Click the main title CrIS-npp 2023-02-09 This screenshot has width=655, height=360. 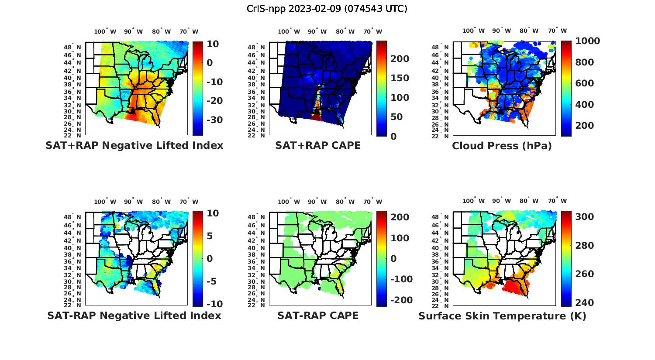(327, 9)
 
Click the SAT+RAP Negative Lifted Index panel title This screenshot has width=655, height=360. (134, 145)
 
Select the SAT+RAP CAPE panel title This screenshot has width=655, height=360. (318, 145)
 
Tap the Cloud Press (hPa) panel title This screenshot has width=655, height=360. (502, 146)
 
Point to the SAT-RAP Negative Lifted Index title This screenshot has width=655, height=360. (134, 315)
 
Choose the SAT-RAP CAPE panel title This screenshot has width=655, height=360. (318, 315)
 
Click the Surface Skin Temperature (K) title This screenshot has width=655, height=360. (502, 316)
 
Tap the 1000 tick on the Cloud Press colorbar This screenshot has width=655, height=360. (587, 41)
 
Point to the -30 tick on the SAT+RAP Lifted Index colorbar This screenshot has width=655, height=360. (215, 120)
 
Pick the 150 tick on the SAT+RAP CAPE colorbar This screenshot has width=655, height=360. (400, 78)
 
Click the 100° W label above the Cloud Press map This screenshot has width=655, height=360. (473, 31)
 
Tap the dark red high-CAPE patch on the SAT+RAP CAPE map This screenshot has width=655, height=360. (316, 117)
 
